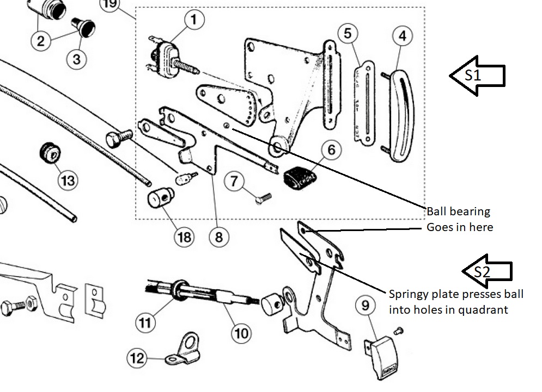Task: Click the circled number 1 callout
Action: [193, 21]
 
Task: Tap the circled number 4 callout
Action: [403, 36]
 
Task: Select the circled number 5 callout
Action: [348, 33]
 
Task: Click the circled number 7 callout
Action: [234, 181]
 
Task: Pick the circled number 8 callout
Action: [219, 237]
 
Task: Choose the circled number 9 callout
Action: [366, 306]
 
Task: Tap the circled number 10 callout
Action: [241, 333]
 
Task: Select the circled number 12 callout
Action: [137, 358]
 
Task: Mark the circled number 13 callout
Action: [68, 179]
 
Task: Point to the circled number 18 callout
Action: [184, 237]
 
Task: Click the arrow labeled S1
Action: [477, 76]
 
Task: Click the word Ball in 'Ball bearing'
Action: [436, 211]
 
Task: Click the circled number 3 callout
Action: [76, 58]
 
